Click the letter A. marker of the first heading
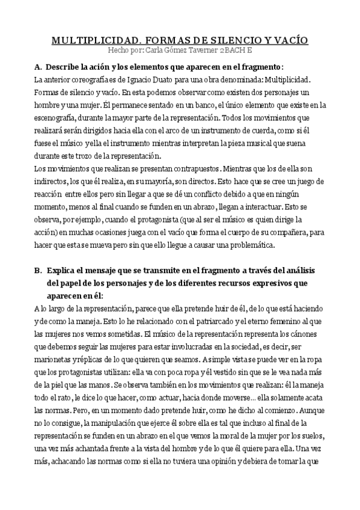coord(38,66)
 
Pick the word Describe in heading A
coord(64,66)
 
